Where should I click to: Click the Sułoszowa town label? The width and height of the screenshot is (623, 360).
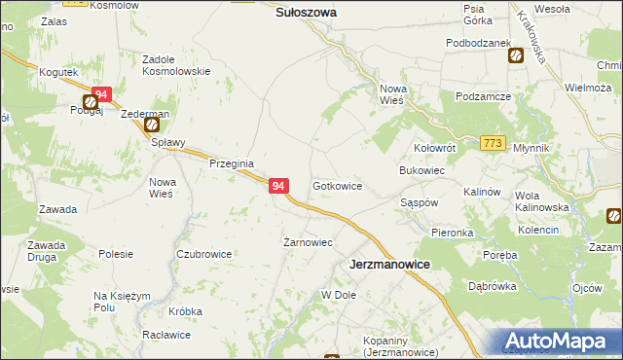pos(306,13)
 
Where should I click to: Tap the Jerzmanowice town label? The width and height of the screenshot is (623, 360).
pos(389,265)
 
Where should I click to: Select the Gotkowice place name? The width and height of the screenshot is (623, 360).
pos(338,185)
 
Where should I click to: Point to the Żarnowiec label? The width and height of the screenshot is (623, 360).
pos(309,242)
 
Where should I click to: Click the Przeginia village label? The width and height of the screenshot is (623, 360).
pos(232,164)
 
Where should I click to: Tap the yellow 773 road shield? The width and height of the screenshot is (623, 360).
pos(493,144)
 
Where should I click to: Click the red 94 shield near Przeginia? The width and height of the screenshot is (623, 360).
pos(278,185)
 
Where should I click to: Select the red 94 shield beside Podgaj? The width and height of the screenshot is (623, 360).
pos(102,94)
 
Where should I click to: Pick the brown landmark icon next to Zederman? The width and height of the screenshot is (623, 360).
pos(151,125)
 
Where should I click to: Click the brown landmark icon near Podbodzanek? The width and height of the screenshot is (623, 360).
pos(514,56)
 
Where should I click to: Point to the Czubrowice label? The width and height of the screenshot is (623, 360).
pos(203,254)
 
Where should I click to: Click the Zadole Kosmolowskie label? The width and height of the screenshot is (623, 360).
pos(176,65)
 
